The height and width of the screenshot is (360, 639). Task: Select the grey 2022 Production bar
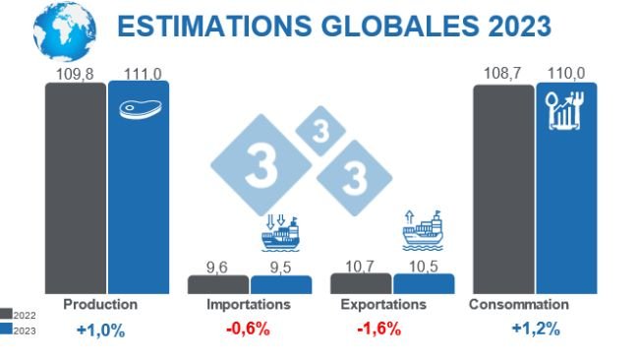[75, 187]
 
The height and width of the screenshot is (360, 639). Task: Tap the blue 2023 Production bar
[138, 187]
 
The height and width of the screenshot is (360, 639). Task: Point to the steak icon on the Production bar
[139, 108]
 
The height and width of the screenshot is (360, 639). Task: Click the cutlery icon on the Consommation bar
[565, 110]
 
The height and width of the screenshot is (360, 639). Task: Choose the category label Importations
[248, 305]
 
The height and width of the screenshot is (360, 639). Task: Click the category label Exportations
[383, 305]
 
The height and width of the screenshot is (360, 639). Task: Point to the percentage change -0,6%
[248, 329]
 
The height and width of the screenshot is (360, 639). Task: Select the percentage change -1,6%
[379, 329]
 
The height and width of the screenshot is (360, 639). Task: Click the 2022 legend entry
[19, 313]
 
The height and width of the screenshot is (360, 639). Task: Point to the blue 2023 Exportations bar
[424, 283]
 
